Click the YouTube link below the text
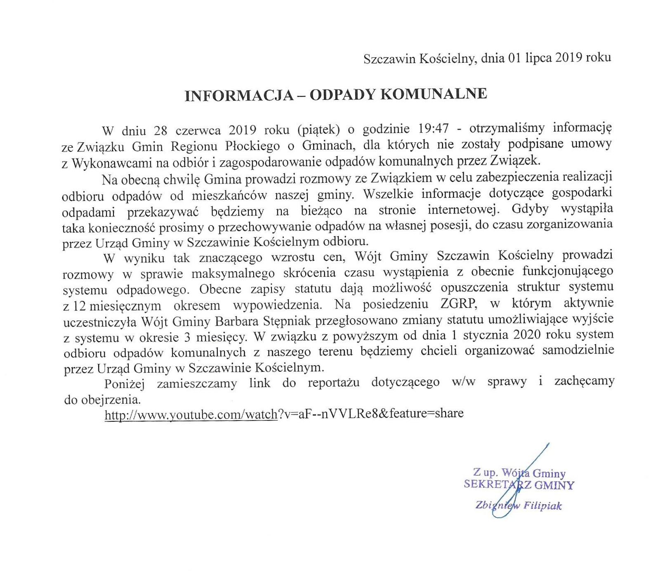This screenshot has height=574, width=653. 284,413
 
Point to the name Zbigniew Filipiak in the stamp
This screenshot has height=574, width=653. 518,505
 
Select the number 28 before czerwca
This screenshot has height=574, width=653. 160,130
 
